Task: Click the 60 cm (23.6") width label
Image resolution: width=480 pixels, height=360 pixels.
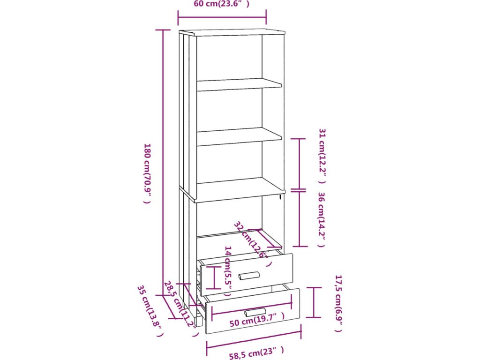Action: pos(221,5)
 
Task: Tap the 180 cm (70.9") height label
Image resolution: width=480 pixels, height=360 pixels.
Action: pos(147,173)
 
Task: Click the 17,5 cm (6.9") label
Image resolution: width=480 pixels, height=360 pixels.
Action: pos(338,303)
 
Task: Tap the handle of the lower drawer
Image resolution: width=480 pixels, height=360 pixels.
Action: pos(255,312)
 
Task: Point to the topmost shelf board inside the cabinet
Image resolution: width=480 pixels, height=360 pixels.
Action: pos(239,84)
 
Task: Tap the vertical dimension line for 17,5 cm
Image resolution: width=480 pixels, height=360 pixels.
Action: pos(314,302)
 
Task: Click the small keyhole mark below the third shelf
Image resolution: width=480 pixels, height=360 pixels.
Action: pos(279,197)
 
